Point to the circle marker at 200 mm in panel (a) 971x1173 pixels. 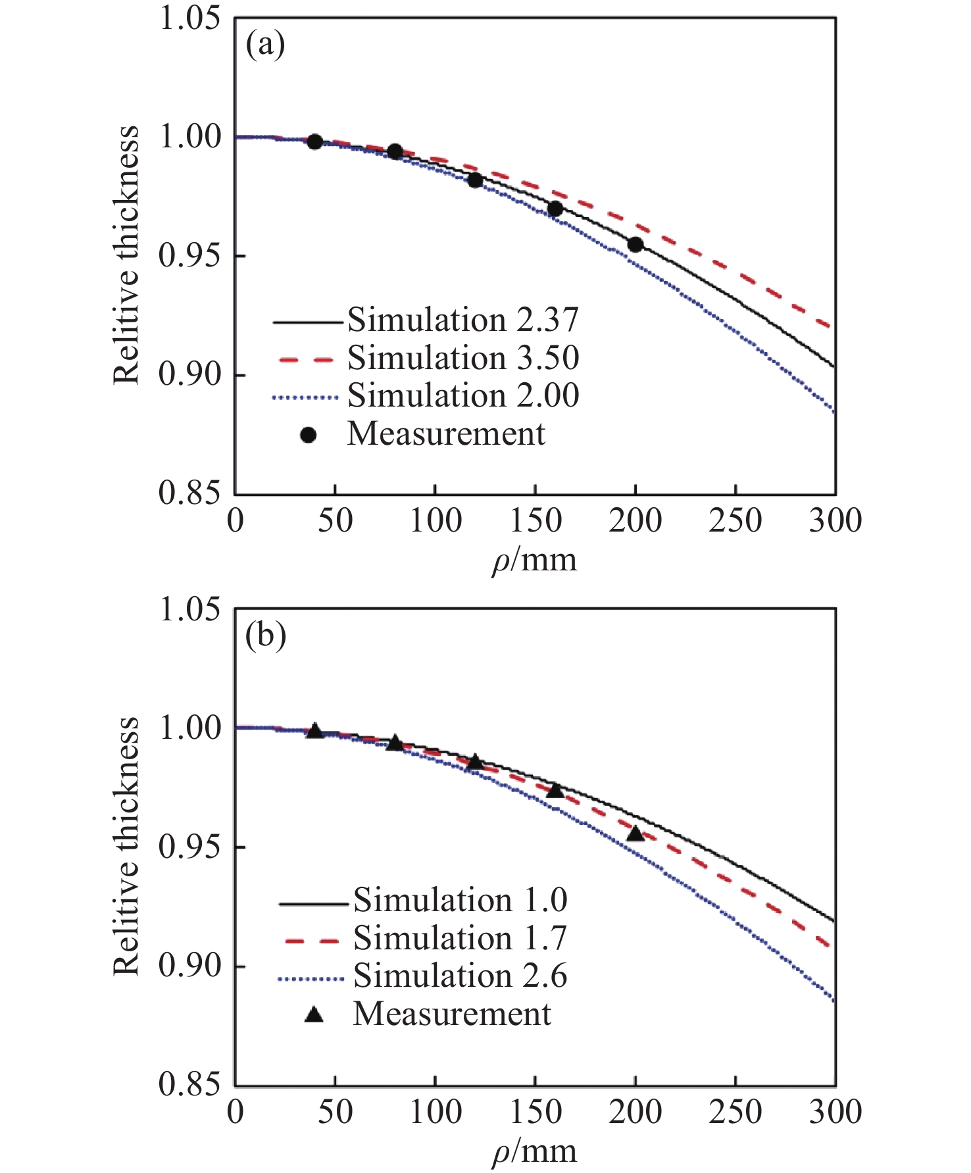pos(635,245)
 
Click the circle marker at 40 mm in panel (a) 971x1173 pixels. pos(315,141)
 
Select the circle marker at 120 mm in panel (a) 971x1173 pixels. pos(475,180)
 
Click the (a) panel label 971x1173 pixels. pos(265,45)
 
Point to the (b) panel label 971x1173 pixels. pos(266,636)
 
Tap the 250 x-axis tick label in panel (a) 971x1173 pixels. pos(735,521)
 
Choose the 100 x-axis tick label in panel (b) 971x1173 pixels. pos(436,1112)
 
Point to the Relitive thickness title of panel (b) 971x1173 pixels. pos(126,846)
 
